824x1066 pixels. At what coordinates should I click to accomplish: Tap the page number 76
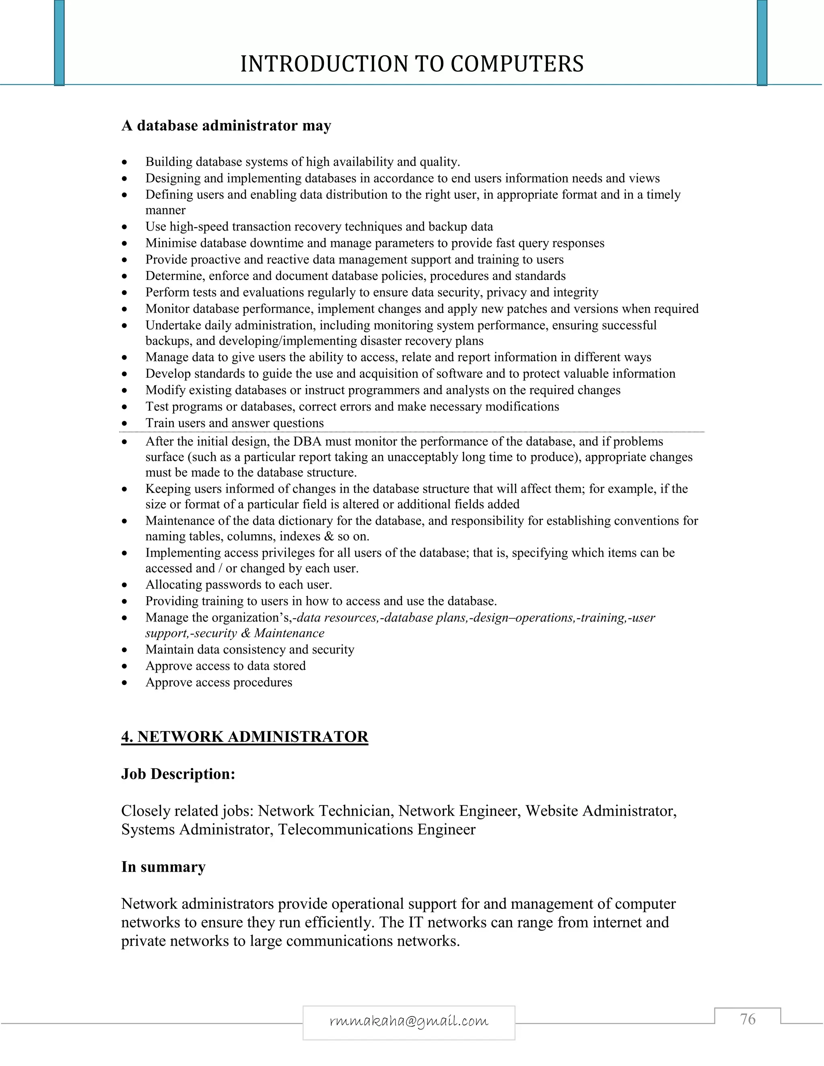748,1019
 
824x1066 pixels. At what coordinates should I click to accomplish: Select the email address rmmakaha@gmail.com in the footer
409,1021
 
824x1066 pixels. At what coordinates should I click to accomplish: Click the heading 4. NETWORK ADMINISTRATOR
245,736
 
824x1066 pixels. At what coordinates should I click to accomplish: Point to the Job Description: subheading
178,774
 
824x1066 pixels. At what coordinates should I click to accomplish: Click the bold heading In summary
163,866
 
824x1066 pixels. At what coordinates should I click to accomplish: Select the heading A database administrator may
226,126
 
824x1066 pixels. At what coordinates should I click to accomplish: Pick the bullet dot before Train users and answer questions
125,423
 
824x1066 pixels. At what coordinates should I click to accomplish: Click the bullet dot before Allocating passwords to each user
125,585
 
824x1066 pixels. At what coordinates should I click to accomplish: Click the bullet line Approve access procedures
219,682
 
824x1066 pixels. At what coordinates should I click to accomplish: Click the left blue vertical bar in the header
59,43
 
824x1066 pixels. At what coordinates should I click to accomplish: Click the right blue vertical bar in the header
762,43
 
